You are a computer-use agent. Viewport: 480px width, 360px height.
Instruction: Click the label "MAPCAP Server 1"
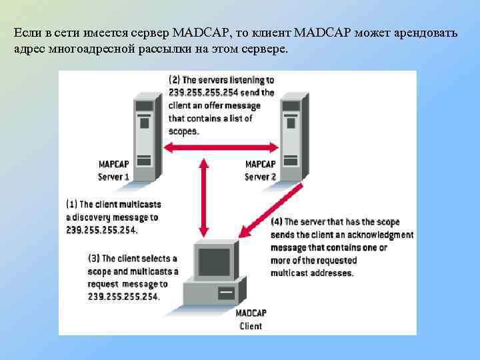pos(114,170)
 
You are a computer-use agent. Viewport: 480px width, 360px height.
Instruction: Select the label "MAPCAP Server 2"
pos(261,170)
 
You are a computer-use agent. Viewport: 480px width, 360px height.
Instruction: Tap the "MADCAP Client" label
pos(251,320)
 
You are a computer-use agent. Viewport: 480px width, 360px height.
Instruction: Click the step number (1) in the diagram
pos(73,204)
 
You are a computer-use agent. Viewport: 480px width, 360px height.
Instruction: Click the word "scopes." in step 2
pos(184,131)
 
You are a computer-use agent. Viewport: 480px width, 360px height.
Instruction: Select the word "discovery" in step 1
pos(94,217)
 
